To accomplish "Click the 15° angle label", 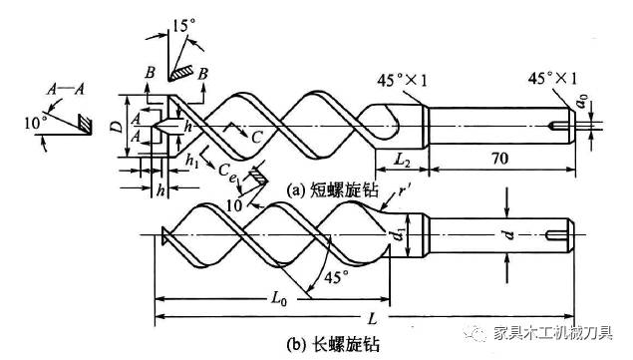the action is (x=183, y=26).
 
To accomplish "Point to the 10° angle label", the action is (x=34, y=123).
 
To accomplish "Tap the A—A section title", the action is (x=66, y=89).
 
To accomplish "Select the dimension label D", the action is (x=117, y=127).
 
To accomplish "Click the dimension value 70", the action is (x=499, y=158).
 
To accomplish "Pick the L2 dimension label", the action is (x=402, y=160).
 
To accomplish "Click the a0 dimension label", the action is (x=582, y=101).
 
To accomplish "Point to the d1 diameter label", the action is (x=400, y=234).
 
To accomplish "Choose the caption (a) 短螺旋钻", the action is (x=332, y=189).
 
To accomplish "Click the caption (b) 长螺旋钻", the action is (x=332, y=345).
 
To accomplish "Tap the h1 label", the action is (x=192, y=161).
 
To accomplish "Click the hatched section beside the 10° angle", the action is (x=85, y=124).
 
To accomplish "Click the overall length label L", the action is (x=372, y=319).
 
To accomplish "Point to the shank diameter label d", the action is (x=509, y=234).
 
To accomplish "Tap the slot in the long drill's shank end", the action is (x=555, y=235).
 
